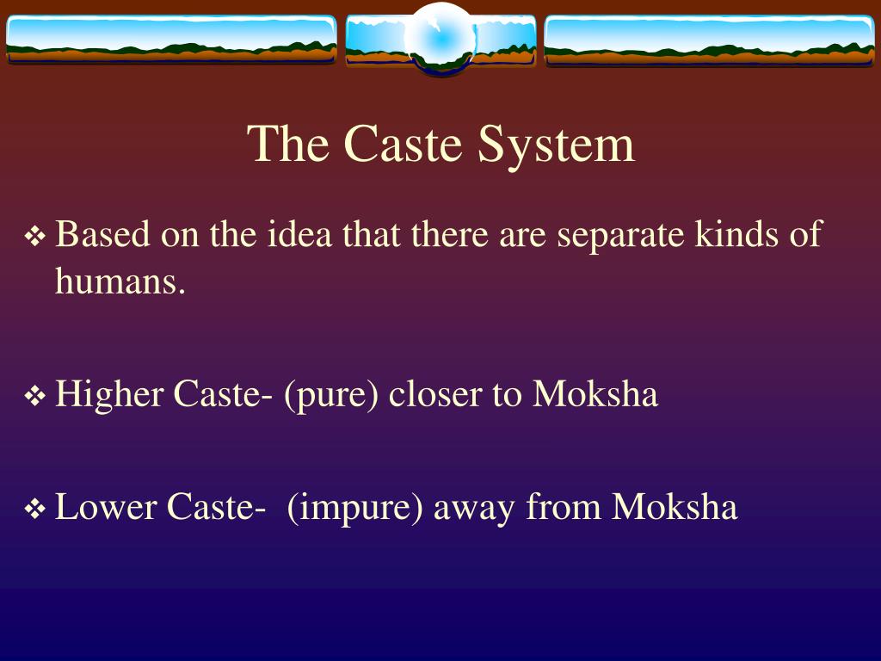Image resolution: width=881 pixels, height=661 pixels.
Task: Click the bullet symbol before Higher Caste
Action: click(35, 397)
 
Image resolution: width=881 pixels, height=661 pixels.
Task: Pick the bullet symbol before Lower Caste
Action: click(35, 510)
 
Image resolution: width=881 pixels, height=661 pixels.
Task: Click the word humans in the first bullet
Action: click(120, 281)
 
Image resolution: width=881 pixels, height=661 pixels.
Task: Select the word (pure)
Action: click(331, 396)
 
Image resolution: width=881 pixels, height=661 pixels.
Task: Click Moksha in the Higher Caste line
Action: click(595, 395)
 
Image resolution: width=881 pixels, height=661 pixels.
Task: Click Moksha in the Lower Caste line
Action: click(675, 508)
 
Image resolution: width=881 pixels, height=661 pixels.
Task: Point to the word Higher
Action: click(109, 396)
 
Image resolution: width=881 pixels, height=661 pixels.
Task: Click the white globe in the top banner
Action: click(440, 39)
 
